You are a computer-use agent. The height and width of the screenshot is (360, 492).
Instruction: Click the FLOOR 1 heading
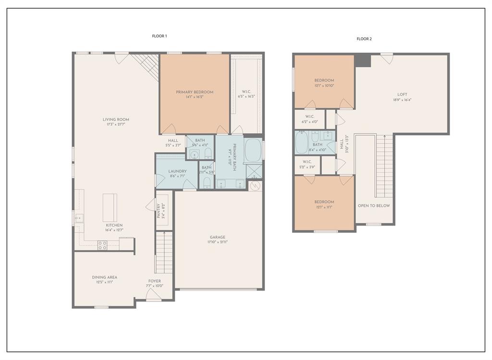[x=159, y=36]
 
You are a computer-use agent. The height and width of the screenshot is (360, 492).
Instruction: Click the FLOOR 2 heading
[x=364, y=39]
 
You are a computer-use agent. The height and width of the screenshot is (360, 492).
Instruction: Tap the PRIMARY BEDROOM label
[x=194, y=92]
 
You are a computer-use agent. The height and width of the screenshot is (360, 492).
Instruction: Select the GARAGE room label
[x=218, y=237]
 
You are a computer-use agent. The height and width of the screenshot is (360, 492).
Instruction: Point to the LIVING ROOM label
[x=116, y=120]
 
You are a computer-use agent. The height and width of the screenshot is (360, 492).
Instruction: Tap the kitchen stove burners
[x=102, y=245]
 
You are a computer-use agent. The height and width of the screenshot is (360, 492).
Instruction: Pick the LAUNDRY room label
[x=177, y=171]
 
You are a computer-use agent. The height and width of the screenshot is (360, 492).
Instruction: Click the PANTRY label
[x=159, y=211]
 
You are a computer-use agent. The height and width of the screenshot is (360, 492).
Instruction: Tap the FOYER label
[x=154, y=281]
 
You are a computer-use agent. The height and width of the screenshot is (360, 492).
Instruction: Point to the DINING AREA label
[x=105, y=277]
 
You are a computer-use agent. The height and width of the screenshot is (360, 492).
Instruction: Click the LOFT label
[x=402, y=95]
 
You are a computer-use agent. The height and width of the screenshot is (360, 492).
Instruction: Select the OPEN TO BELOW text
[x=374, y=205]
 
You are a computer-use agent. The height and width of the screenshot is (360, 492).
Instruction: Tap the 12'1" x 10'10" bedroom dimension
[x=324, y=85]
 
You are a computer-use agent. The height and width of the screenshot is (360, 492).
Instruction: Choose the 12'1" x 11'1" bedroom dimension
[x=324, y=207]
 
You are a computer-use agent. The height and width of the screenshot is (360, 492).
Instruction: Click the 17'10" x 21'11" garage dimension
[x=218, y=242]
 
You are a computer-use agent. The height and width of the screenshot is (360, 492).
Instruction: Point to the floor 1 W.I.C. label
[x=246, y=91]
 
